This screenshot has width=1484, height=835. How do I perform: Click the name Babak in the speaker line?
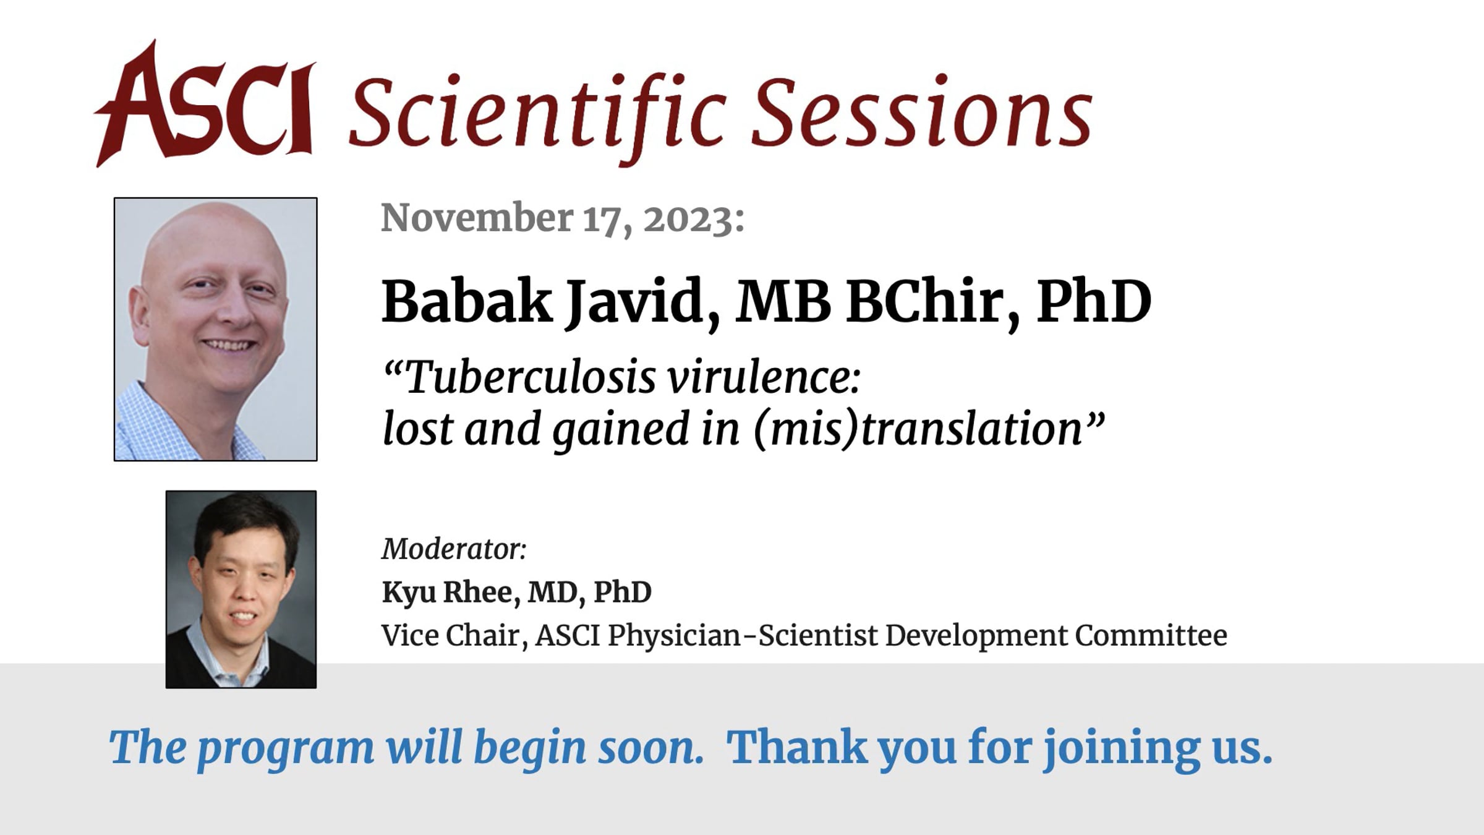pos(467,302)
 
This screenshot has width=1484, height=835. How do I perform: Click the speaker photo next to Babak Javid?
pos(215,329)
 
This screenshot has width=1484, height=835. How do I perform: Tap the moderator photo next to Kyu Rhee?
pos(241,589)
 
